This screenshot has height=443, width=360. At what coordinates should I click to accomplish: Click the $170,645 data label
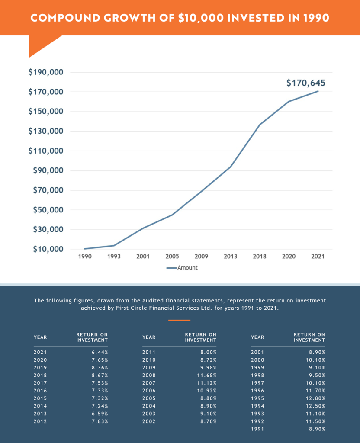[305, 83]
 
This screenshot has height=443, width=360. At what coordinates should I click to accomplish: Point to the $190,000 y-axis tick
[46, 72]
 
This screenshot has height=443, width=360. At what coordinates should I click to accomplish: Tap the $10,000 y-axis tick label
[48, 249]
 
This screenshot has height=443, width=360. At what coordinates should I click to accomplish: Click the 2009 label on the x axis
[201, 257]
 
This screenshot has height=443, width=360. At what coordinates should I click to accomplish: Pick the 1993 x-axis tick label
[114, 257]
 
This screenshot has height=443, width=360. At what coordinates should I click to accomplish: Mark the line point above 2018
[260, 125]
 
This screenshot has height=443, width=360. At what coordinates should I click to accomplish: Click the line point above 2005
[172, 215]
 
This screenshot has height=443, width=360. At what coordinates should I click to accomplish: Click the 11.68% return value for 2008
[208, 375]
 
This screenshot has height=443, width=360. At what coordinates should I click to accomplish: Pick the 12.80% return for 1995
[316, 398]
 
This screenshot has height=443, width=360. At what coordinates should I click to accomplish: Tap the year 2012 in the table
[40, 421]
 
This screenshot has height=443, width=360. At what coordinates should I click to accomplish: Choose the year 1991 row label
[257, 429]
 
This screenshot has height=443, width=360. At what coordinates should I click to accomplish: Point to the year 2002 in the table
[149, 421]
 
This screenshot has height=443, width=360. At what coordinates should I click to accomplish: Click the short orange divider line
[179, 320]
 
